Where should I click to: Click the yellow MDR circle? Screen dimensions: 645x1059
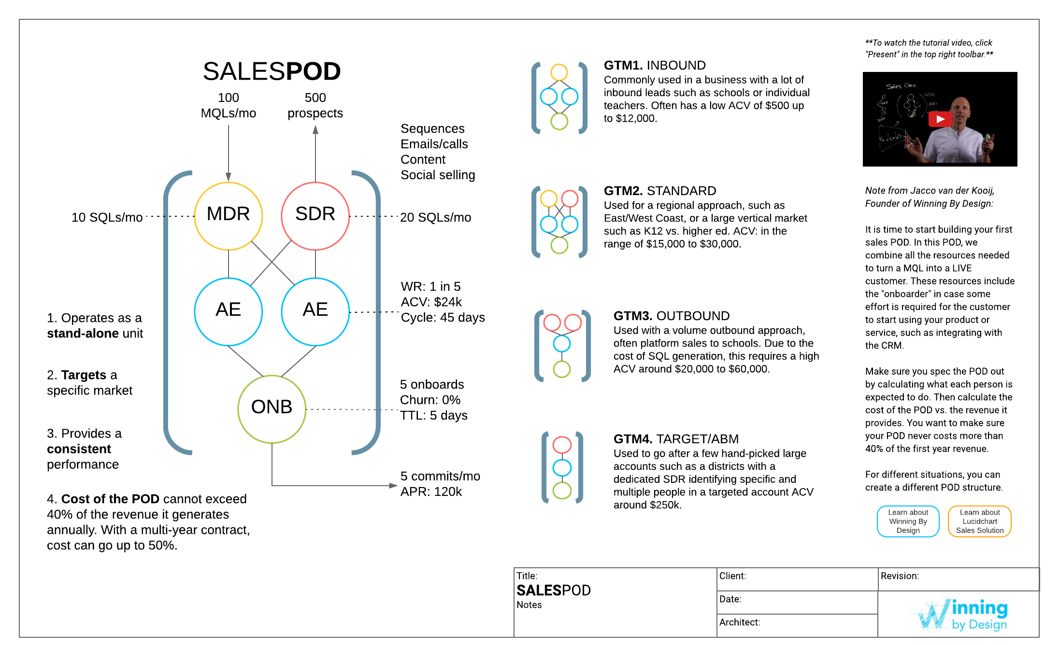point(228,216)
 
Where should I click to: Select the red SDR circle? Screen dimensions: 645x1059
point(315,216)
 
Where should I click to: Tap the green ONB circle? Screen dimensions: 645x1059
point(272,409)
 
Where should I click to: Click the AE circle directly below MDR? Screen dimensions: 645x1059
point(228,311)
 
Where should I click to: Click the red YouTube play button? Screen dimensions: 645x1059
point(940,119)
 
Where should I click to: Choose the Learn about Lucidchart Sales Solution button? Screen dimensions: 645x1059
point(979,521)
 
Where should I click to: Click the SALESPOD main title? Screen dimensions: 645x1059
point(272,71)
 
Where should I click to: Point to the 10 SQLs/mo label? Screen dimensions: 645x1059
point(107,218)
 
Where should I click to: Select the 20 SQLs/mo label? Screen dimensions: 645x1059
point(435,218)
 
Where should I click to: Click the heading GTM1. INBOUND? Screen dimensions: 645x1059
point(655,65)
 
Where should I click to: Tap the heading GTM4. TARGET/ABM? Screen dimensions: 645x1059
point(675,439)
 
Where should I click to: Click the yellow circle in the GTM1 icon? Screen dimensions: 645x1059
point(559,72)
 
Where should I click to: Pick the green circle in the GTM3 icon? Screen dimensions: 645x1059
point(561,369)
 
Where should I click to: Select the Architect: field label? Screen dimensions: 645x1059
point(739,622)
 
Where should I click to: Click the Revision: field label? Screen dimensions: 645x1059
point(899,576)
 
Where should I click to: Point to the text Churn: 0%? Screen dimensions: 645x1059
point(430,400)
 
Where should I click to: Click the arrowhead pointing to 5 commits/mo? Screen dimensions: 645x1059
point(393,486)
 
